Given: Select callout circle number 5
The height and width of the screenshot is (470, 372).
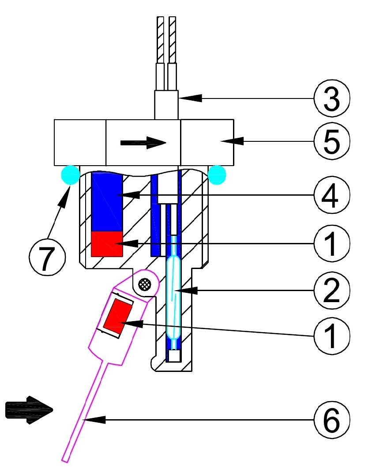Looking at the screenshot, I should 331,140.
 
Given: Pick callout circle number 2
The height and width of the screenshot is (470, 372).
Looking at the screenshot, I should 331,290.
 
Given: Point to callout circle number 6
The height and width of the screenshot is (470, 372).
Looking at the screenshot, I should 331,421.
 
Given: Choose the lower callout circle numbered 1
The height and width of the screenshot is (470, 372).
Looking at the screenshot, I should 331,334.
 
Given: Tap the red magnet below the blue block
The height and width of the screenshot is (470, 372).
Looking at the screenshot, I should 107,243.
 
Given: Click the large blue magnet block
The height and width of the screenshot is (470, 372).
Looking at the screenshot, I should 107,201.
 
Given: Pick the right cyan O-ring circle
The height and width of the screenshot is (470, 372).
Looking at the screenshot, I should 217,174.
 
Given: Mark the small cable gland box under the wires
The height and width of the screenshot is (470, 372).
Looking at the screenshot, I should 167,105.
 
